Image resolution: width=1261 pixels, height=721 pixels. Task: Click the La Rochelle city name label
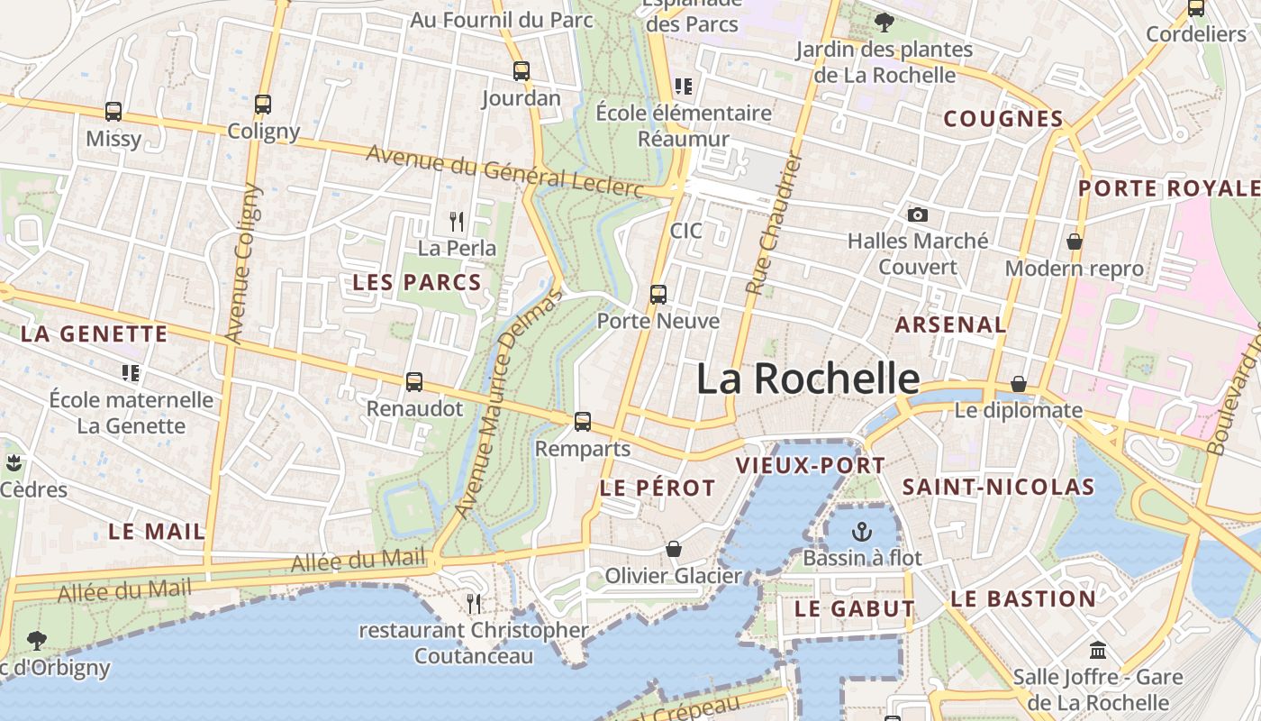pos(808,379)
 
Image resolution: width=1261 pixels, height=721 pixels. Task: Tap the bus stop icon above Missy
pos(113,112)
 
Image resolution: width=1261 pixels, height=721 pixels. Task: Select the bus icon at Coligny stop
pos(263,105)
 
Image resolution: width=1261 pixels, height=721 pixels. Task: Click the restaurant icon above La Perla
pos(457,221)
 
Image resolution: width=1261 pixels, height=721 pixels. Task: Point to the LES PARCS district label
pos(417,282)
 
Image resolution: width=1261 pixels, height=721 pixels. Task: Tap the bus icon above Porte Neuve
pos(658,295)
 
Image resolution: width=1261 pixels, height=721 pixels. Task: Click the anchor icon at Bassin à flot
pos(862,532)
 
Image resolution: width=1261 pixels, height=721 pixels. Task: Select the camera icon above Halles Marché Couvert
pos(918,214)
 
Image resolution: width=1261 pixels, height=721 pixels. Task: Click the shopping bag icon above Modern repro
pos(1074,242)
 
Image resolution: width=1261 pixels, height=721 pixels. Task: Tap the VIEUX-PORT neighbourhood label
pos(811,466)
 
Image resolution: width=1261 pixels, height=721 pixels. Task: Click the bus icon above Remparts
pos(583,421)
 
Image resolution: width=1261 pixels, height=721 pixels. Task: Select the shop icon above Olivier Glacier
pos(673,549)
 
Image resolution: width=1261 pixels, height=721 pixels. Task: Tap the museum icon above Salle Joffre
pos(1098,650)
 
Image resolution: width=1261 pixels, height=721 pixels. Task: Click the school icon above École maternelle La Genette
pos(131,372)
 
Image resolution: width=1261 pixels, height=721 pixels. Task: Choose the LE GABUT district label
pos(854,609)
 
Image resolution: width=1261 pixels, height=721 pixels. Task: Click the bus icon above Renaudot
pos(414,382)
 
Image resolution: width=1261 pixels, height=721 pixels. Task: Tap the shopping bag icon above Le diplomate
pos(1019,384)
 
